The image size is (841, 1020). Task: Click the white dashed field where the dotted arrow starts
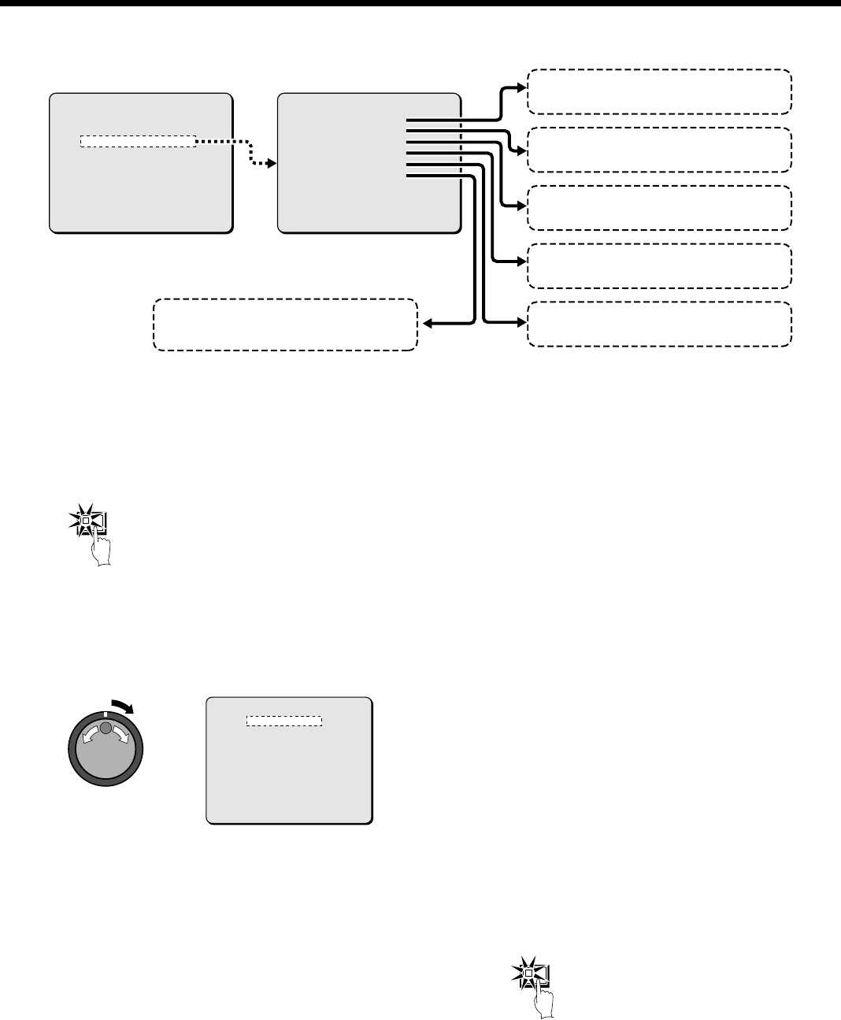tap(138, 142)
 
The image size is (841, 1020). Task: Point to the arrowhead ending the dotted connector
tap(273, 164)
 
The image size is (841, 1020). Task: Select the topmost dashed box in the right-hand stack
tap(658, 91)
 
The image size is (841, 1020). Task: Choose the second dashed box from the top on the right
tap(658, 149)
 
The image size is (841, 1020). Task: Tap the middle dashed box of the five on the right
tap(658, 207)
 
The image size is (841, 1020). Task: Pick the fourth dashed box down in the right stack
tap(658, 265)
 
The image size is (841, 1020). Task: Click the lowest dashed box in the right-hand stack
tap(658, 324)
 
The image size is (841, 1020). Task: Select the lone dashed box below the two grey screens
tap(284, 324)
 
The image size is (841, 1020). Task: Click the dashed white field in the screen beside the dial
tap(284, 721)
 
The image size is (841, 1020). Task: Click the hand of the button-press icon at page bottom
tap(544, 1002)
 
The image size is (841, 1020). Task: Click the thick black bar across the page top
tap(420, 3)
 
